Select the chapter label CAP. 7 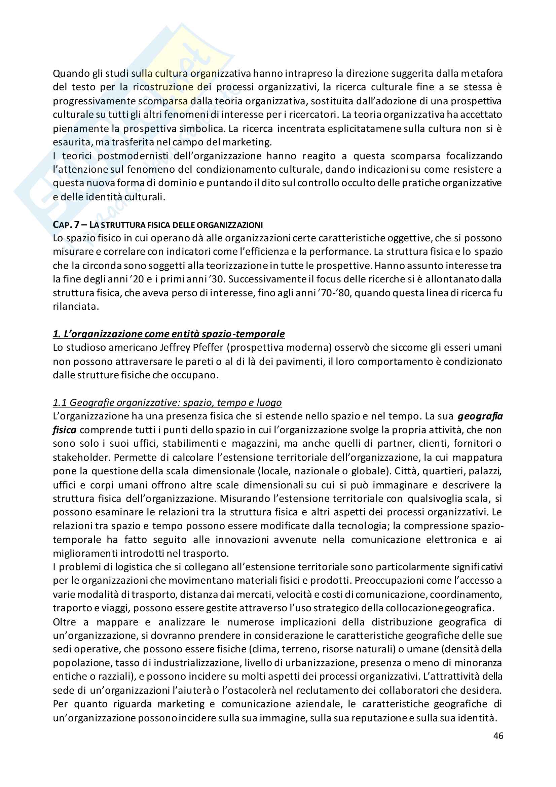tap(66, 225)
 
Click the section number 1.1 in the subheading tap(60, 402)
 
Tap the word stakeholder tap(81, 457)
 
